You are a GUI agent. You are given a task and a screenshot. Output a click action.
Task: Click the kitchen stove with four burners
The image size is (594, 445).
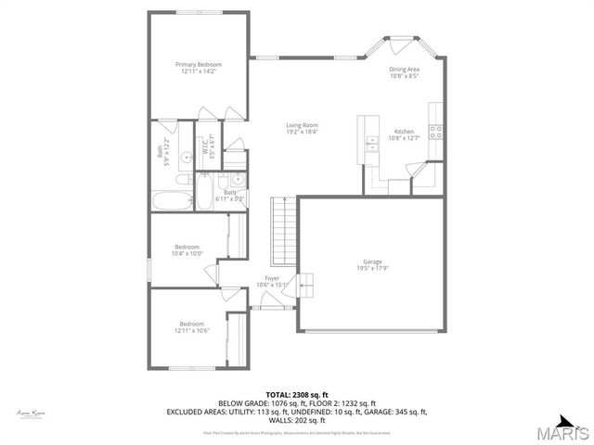pyautogui.click(x=435, y=133)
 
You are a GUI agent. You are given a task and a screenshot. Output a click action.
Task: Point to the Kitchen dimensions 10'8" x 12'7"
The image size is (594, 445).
pyautogui.click(x=405, y=138)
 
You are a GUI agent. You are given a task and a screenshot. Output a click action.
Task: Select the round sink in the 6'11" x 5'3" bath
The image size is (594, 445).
pyautogui.click(x=237, y=180)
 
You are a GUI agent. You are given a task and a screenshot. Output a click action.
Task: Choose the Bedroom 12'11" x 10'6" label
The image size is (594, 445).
pyautogui.click(x=191, y=325)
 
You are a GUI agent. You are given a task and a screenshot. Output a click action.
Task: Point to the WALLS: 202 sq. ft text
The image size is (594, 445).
pyautogui.click(x=296, y=420)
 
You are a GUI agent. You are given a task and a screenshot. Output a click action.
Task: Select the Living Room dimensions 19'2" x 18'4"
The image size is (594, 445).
pyautogui.click(x=302, y=132)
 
